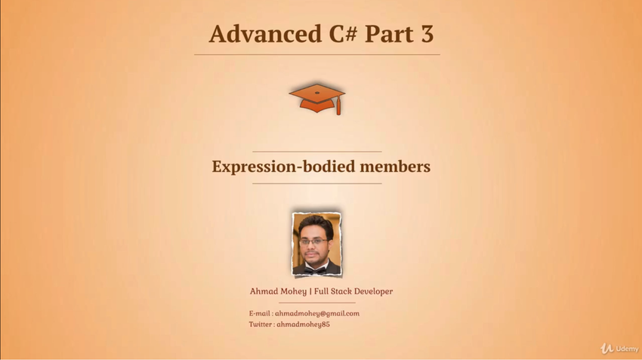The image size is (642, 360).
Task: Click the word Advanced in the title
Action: pyautogui.click(x=265, y=33)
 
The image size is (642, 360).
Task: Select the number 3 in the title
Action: pyautogui.click(x=426, y=33)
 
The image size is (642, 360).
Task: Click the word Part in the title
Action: pyautogui.click(x=389, y=33)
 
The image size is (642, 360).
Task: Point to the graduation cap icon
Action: pyautogui.click(x=317, y=99)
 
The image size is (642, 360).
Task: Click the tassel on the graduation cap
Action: pyautogui.click(x=338, y=106)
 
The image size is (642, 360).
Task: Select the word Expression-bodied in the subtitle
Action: pyautogui.click(x=283, y=167)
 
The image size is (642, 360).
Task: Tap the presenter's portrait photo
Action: pyautogui.click(x=316, y=244)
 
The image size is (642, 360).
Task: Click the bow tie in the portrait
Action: pyautogui.click(x=315, y=270)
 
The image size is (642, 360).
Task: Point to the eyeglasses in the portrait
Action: pyautogui.click(x=313, y=242)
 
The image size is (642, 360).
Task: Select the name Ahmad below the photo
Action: pyautogui.click(x=262, y=291)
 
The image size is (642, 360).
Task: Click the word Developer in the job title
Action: pyautogui.click(x=373, y=291)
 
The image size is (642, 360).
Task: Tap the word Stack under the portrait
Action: pyautogui.click(x=341, y=291)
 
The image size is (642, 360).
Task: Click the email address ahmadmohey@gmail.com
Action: pyautogui.click(x=317, y=314)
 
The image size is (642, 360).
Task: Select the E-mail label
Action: pyautogui.click(x=260, y=313)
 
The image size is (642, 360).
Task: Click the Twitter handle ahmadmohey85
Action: pyautogui.click(x=303, y=325)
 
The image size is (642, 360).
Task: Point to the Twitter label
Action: pyautogui.click(x=261, y=325)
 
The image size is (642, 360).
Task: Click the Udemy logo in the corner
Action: pyautogui.click(x=619, y=349)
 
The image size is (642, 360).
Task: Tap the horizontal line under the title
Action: pyautogui.click(x=317, y=54)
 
